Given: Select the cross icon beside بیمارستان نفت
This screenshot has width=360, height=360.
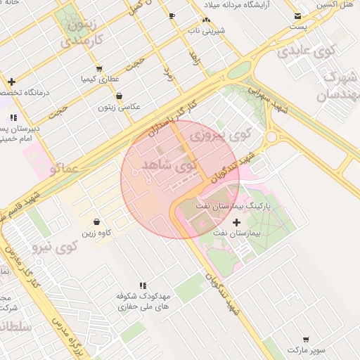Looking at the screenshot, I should click(x=236, y=222).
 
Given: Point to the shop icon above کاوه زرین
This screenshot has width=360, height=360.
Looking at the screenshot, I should click(x=96, y=222).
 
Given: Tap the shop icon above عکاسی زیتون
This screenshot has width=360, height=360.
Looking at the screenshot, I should click(x=118, y=96).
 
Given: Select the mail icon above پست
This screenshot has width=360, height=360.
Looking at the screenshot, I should click(x=299, y=15).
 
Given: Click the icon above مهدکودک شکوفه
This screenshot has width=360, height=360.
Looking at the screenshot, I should click(x=143, y=285).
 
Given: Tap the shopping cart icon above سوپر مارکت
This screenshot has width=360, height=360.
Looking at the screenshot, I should click(x=305, y=339).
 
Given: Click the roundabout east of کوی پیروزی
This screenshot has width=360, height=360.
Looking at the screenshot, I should click(x=271, y=136).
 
